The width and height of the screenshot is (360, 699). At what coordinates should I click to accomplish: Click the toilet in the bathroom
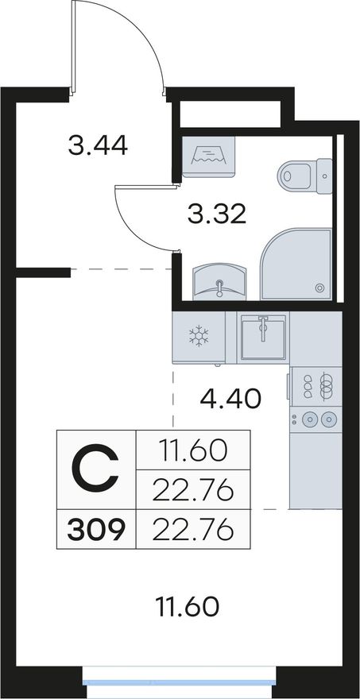coord(305,176)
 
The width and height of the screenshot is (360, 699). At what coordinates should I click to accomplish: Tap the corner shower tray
coord(296,264)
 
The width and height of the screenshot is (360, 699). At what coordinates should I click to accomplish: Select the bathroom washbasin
coord(219,282)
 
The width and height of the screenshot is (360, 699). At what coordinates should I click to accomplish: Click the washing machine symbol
coord(208,157)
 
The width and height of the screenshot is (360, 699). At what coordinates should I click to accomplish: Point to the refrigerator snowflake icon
coord(199,336)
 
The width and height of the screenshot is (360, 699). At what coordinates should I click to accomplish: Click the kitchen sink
coord(263,337)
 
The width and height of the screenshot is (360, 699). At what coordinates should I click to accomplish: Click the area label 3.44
coord(98,146)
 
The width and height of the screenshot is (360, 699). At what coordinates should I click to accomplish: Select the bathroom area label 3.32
coord(217,215)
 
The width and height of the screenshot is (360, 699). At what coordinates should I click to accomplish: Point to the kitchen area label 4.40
coord(230,399)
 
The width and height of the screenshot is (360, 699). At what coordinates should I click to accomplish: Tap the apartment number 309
coord(96,531)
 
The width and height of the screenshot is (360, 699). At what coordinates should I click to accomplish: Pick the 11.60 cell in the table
coord(192,451)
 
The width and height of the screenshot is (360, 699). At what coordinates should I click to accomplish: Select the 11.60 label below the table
coord(188,607)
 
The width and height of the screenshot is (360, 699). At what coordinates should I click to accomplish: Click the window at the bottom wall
coord(180,682)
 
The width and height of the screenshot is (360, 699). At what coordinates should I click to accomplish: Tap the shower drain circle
coord(319,288)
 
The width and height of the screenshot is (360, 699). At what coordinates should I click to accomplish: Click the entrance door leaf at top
coord(74,47)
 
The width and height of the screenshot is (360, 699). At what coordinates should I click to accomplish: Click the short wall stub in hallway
coord(43,272)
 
